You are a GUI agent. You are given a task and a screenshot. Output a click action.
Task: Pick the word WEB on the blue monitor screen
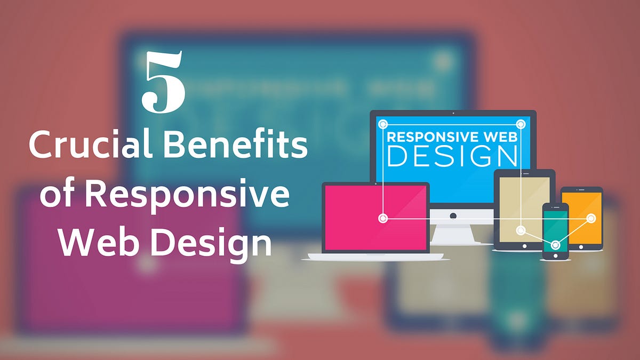coord(498,136)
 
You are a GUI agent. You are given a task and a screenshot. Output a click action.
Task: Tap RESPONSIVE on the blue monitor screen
coord(430,136)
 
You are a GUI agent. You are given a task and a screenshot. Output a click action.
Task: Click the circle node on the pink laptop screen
coord(382,218)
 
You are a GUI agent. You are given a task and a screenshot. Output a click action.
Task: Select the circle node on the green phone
coord(555,245)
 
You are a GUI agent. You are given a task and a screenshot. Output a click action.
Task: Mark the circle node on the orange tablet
coord(591,218)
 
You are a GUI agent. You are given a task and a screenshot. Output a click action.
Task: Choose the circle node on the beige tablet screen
coord(521,230)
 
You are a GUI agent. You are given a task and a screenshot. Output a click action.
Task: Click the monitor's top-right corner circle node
coord(521,124)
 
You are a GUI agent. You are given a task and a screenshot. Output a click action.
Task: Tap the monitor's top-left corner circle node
coord(382,124)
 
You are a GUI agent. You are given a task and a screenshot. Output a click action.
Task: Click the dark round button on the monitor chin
coord(453,215)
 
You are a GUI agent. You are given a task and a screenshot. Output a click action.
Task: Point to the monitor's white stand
coord(453,233)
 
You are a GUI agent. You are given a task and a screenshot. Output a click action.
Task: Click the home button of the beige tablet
coord(524,246)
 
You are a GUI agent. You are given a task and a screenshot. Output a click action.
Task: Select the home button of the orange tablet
coord(581,246)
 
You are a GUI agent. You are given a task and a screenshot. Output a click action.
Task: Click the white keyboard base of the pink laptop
coord(375,257)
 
